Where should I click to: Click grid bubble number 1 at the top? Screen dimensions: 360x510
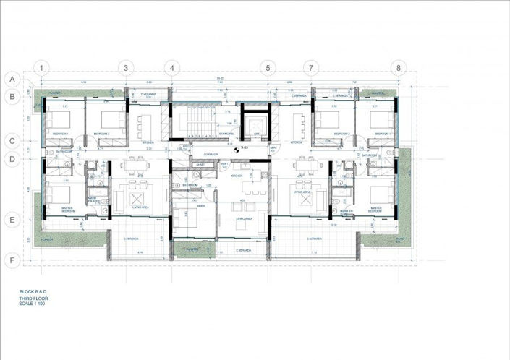tap(43, 68)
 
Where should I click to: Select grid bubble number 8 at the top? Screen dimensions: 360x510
tap(397, 68)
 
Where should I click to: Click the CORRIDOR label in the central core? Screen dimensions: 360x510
tap(211, 155)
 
